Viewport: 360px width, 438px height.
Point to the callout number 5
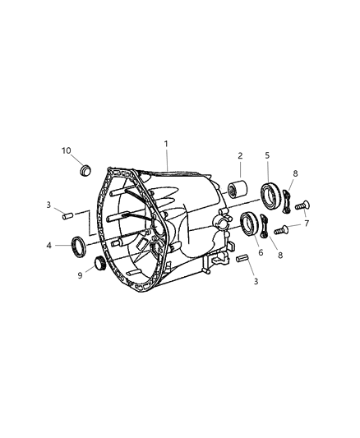click(267, 155)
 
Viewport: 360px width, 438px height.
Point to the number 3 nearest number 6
click(256, 282)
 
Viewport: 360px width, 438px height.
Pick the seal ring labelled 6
click(249, 224)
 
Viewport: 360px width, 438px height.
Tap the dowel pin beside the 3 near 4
click(69, 217)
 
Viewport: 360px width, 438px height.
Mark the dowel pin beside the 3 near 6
click(242, 259)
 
